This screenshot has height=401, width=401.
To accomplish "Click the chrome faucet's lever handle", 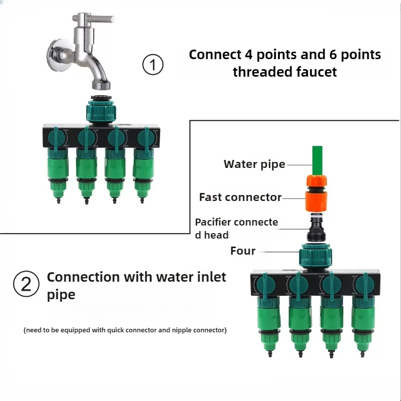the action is [93, 18].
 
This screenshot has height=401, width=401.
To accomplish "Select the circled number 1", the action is [153, 65].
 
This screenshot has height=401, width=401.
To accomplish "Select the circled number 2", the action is [26, 284].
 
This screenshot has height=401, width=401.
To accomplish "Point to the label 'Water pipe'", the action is [255, 164].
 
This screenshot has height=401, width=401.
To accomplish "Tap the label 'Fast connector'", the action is [241, 197].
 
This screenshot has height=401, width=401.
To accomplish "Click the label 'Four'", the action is [243, 251].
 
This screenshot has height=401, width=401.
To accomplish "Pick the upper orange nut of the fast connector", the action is [317, 180].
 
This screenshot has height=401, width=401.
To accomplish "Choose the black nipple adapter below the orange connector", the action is [317, 228].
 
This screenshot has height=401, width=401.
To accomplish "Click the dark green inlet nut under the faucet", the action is [101, 110].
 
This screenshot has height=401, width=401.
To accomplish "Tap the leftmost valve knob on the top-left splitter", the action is [57, 138].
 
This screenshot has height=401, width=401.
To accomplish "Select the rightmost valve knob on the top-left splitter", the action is [147, 138].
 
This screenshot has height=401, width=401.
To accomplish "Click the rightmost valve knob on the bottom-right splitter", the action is [365, 285].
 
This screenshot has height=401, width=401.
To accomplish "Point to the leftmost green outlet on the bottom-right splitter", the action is [268, 327].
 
